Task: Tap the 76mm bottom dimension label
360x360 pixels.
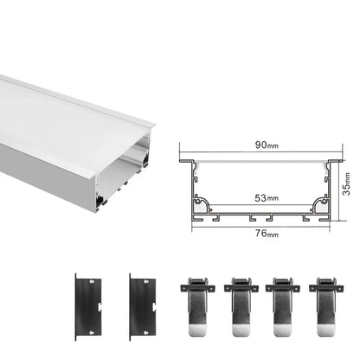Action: [x=256, y=231]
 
